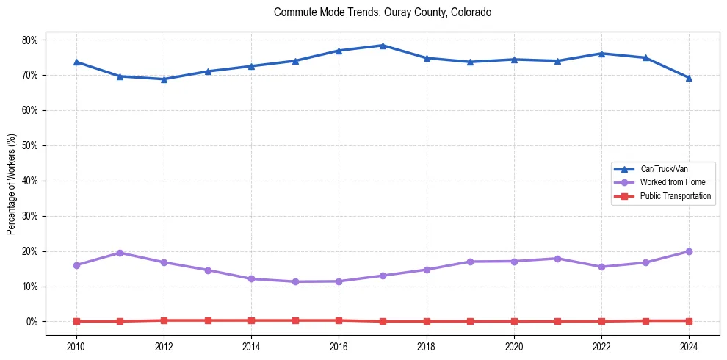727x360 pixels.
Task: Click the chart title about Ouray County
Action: (x=382, y=12)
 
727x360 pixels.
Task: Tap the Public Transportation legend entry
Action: (x=675, y=196)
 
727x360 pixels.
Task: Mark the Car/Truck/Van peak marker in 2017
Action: (x=383, y=46)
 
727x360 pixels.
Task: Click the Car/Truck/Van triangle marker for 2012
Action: (x=164, y=79)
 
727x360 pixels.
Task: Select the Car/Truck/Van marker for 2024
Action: (x=689, y=78)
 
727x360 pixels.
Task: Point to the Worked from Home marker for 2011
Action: (x=120, y=253)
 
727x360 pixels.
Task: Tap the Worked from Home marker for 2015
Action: (x=295, y=281)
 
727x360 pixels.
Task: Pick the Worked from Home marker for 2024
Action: (x=689, y=251)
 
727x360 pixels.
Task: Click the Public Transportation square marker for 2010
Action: (x=76, y=321)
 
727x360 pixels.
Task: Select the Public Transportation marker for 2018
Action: (x=426, y=321)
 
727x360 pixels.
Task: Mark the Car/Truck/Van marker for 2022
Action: (x=601, y=54)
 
